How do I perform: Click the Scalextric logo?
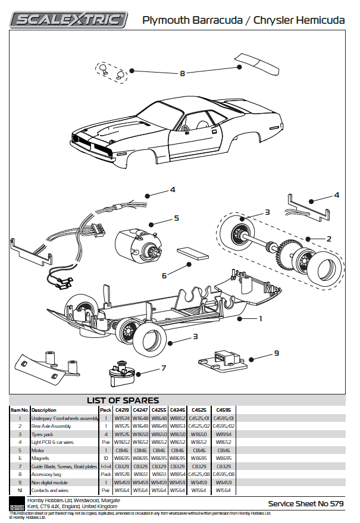69,20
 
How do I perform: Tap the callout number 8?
183,74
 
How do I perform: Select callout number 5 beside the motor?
177,218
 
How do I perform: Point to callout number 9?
276,353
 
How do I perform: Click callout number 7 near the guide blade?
163,367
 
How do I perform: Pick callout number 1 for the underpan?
259,318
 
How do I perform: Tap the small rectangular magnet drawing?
192,255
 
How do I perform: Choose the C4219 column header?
122,410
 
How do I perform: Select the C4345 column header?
178,410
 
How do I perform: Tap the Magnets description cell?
41,458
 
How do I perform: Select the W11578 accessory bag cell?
122,474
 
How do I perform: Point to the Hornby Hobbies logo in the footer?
17,504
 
